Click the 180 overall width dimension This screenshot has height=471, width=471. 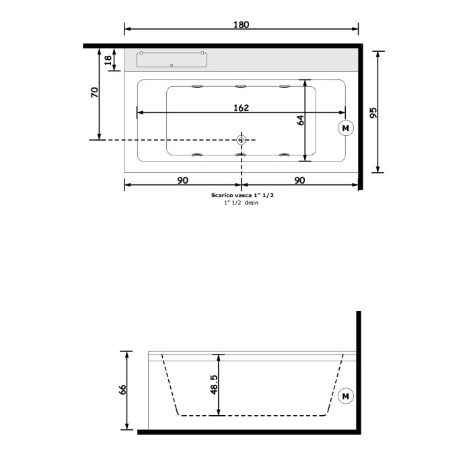[x=242, y=25]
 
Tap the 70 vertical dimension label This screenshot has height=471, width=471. [x=95, y=92]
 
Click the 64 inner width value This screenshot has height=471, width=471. [x=301, y=120]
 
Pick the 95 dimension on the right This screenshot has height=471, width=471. [x=373, y=111]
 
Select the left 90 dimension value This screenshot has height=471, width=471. [x=182, y=180]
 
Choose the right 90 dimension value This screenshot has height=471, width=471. [x=299, y=180]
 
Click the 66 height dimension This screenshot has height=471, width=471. [x=123, y=391]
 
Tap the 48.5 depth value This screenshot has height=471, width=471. [x=215, y=386]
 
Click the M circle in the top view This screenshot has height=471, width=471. [x=346, y=127]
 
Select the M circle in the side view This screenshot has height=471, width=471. [x=346, y=396]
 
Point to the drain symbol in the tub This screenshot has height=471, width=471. [x=242, y=140]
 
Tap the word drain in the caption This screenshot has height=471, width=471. [x=251, y=203]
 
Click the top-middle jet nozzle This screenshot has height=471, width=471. [x=241, y=85]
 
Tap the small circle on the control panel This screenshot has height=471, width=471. [x=172, y=65]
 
